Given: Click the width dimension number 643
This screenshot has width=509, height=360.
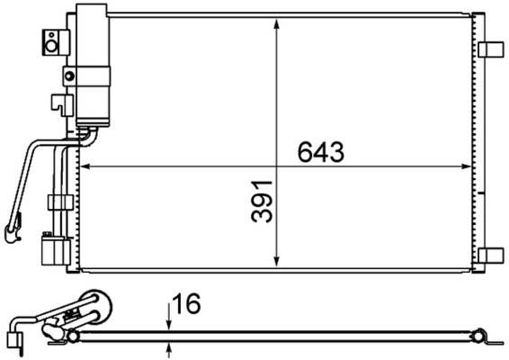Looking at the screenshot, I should pyautogui.click(x=321, y=152).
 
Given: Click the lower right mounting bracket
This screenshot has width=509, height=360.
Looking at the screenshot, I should pyautogui.click(x=491, y=255).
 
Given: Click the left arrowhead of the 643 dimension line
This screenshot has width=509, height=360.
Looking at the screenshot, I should pyautogui.click(x=86, y=166).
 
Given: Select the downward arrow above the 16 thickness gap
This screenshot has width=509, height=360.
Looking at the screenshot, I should pyautogui.click(x=169, y=324).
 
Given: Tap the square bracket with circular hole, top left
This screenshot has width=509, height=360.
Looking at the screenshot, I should pyautogui.click(x=53, y=40).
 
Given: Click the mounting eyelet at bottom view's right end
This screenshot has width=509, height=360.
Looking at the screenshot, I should pyautogui.click(x=486, y=337).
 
